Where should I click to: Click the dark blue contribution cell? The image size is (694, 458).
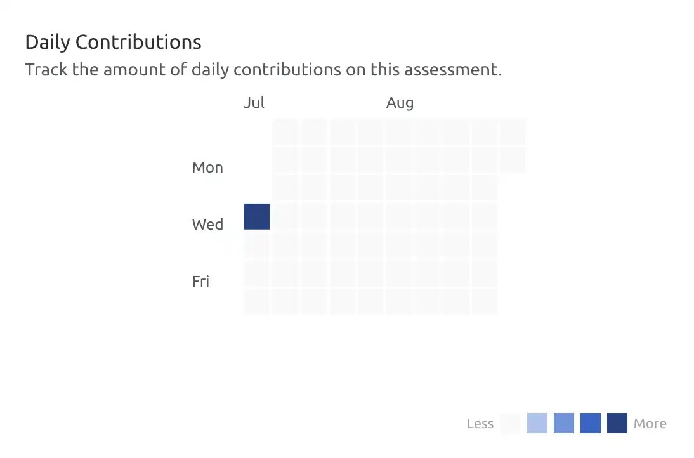pos(256,216)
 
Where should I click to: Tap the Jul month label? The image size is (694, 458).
pos(254,103)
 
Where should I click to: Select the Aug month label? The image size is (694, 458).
pos(400,103)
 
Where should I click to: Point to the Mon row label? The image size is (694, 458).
pos(207,167)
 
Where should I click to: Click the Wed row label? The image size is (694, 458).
pos(207,225)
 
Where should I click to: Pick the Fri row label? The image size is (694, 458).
pos(200,282)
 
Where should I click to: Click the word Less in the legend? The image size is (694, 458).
pos(480,424)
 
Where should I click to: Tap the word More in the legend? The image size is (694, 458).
pos(650,424)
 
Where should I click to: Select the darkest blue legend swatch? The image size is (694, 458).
pos(617,423)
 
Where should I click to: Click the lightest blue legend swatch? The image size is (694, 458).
pos(537,423)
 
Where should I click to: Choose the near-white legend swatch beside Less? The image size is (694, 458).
pos(510,423)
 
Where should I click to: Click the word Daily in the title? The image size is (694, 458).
pos(48,43)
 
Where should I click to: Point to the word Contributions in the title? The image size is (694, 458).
pos(138,43)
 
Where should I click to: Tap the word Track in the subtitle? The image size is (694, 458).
pos(46,69)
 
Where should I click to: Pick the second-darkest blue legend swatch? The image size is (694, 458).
pos(590,423)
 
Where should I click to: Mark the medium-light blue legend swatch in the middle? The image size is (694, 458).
pos(563,423)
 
